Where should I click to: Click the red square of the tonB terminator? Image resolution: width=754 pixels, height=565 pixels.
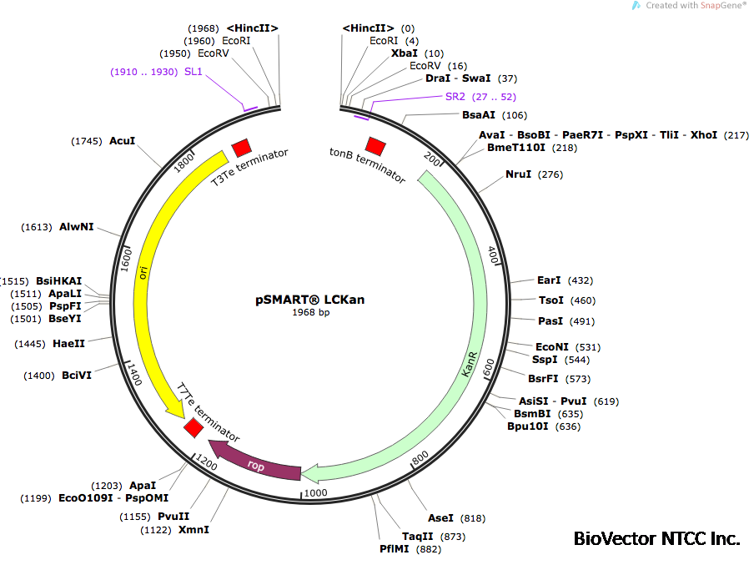[375, 146]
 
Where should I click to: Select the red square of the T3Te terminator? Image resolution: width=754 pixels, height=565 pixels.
[241, 148]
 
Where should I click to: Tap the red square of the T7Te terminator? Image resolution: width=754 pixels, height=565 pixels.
[194, 428]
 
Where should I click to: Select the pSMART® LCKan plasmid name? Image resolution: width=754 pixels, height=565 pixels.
[310, 300]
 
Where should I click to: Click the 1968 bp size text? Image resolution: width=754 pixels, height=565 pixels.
[310, 313]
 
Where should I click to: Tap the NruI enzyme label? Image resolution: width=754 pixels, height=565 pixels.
[518, 174]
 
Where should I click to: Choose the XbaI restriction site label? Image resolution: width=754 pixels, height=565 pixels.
[406, 53]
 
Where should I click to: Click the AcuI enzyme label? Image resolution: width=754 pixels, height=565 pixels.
[122, 141]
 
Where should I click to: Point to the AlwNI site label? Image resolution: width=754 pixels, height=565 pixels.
[77, 227]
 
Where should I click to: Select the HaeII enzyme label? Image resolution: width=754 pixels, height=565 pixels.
[68, 343]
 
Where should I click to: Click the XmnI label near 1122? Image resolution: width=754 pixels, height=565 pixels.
[194, 530]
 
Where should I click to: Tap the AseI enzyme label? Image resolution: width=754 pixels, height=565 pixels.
[440, 518]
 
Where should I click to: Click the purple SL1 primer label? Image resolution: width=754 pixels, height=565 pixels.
[194, 72]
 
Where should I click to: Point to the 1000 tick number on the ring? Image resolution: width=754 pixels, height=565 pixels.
[315, 493]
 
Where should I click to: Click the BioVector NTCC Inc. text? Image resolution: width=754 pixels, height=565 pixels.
[656, 538]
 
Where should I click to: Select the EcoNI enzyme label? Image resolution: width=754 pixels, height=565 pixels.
[551, 346]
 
